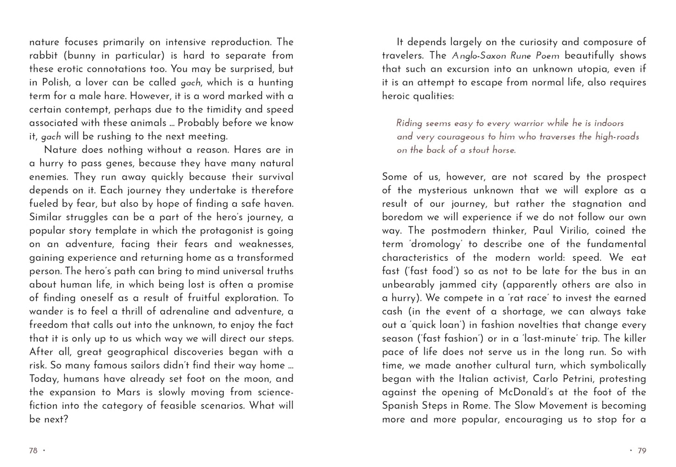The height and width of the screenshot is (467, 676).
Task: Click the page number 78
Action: (33, 451)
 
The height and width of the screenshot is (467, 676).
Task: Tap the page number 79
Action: (642, 451)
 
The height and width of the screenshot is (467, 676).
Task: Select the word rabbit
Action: (44, 55)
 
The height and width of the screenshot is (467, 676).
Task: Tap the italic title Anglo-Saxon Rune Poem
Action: (505, 56)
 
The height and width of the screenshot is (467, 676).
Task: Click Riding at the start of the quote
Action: (409, 123)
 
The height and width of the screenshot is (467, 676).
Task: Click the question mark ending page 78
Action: (65, 419)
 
